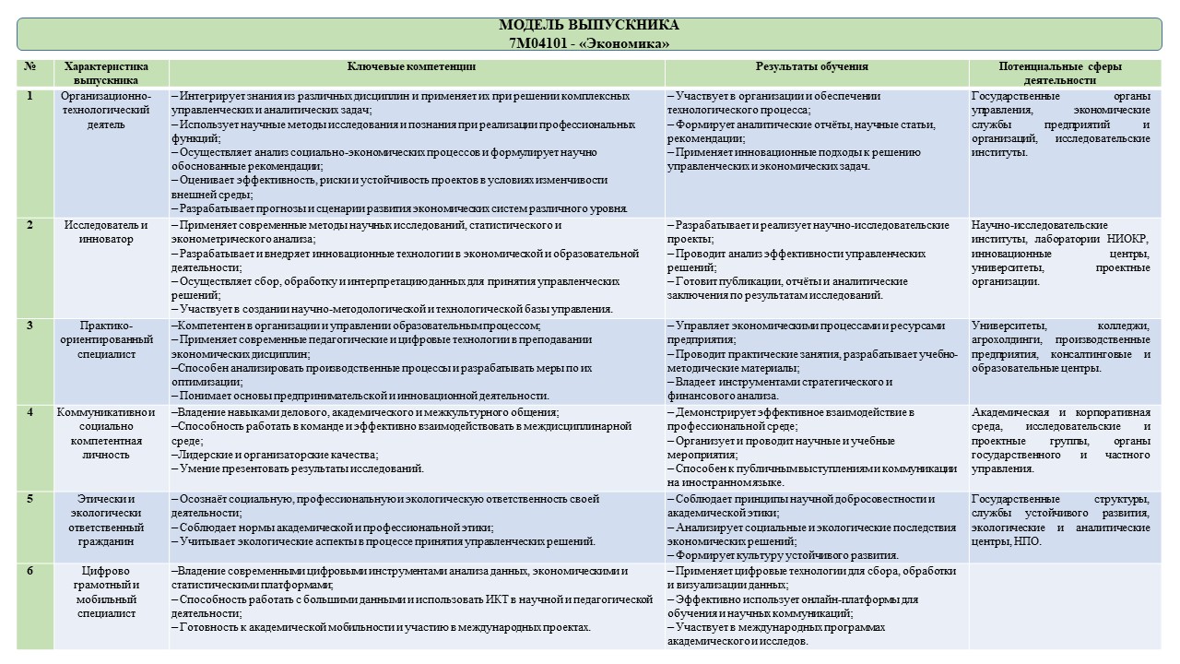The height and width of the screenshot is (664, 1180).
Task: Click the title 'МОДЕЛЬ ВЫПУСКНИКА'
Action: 588,25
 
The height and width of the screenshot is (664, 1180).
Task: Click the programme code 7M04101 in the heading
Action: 535,42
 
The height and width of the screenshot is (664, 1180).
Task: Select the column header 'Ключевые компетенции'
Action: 412,66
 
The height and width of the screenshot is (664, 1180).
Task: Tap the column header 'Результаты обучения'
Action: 812,66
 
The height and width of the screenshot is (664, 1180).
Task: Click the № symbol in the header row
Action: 30,66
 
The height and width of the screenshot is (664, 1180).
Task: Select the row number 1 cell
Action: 30,96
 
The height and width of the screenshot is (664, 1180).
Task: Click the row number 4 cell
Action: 30,412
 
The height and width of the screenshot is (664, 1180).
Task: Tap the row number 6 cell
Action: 30,571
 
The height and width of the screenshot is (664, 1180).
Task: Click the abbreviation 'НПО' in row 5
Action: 1028,541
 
